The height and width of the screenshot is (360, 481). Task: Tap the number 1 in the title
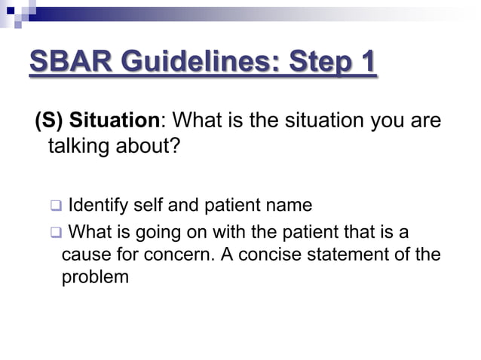[x=366, y=63]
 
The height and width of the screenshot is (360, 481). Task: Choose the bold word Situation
[x=115, y=121]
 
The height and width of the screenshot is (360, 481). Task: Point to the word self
[x=150, y=206]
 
